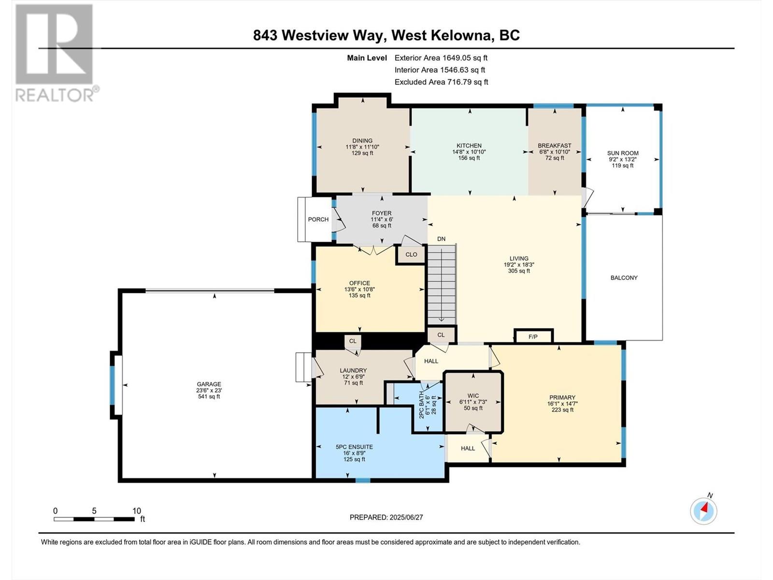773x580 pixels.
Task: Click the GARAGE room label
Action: (208, 385)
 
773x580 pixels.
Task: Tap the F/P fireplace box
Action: (533, 336)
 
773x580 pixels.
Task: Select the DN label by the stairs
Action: (441, 239)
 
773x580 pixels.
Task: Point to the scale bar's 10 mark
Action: (136, 511)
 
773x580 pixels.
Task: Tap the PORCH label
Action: (318, 219)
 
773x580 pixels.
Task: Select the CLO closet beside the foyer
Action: (411, 255)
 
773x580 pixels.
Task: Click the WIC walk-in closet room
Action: (473, 402)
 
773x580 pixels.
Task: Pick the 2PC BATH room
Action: (428, 406)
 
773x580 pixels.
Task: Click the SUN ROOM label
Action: (623, 153)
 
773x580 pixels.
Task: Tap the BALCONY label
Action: (624, 278)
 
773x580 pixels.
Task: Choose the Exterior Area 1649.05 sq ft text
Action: (441, 58)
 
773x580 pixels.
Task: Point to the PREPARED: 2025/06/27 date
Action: (386, 517)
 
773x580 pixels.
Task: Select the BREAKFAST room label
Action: (554, 146)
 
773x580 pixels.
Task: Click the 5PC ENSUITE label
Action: (354, 447)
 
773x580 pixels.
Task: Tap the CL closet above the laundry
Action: (353, 341)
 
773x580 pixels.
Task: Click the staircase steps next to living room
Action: (442, 285)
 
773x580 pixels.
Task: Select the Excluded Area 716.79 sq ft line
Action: (441, 82)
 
